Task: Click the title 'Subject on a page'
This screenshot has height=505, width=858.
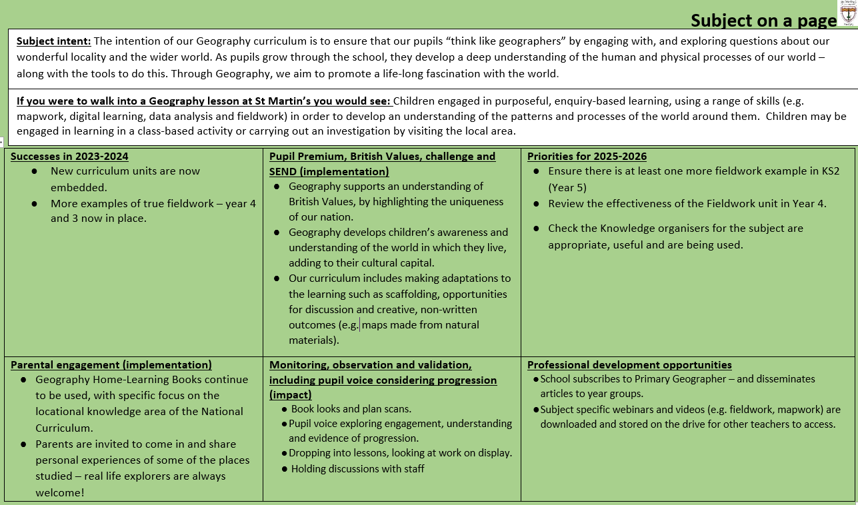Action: point(763,21)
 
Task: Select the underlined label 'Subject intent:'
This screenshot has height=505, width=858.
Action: point(53,41)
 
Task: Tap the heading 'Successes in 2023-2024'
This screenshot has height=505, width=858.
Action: point(69,157)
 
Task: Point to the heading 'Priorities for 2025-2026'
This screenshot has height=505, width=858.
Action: point(587,157)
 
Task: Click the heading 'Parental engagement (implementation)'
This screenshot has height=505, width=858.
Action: point(111,364)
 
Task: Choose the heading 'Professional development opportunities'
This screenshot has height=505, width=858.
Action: point(629,364)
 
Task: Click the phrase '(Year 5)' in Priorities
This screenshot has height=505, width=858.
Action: point(567,187)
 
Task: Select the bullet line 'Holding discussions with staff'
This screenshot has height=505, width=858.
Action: point(357,468)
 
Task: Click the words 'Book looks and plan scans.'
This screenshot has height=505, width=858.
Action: point(351,409)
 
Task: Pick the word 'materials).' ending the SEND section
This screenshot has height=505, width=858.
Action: point(313,340)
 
